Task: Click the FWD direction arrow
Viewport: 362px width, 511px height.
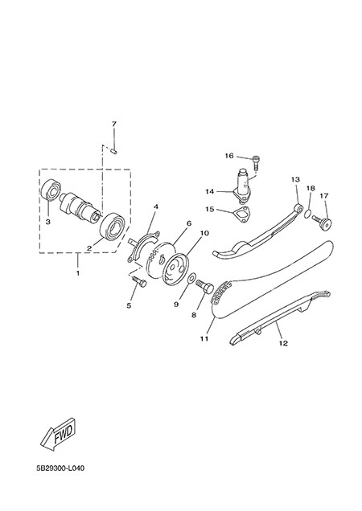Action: coord(58,435)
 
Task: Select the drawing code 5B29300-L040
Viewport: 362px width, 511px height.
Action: coord(60,468)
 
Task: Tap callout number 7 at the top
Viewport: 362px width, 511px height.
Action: coord(114,125)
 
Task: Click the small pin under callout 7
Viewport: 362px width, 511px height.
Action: coord(114,150)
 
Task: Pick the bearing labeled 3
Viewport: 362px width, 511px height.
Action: coord(51,194)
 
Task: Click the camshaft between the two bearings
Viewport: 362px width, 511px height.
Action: coord(79,206)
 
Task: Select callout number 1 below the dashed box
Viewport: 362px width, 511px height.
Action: coord(78,273)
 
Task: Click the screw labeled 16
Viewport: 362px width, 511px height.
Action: coord(256,163)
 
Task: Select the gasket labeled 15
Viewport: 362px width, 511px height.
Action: coord(242,214)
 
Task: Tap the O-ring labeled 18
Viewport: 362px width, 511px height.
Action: coord(308,214)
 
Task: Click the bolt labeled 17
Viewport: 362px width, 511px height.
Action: coord(323,223)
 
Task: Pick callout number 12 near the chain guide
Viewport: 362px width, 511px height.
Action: coord(283,343)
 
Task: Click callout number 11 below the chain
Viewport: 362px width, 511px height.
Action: coord(204,339)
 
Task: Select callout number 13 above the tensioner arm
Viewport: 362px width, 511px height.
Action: coord(295,179)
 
